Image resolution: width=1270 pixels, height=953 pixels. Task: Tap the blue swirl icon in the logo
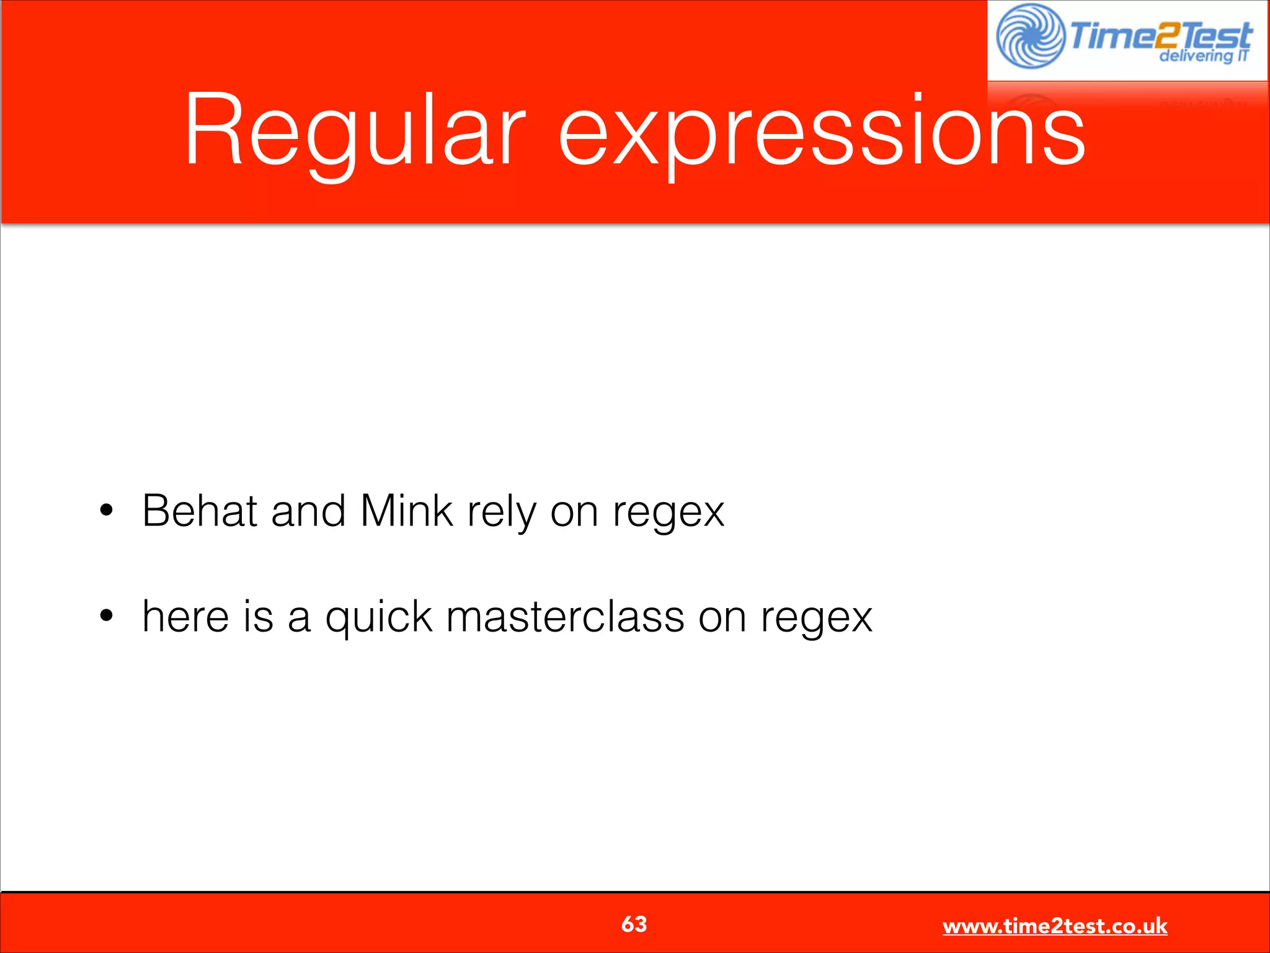click(1030, 36)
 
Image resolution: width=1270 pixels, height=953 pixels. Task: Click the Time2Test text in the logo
click(1160, 35)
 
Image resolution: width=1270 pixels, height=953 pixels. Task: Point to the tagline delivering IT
click(1203, 56)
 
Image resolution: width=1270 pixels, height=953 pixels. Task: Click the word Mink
click(407, 511)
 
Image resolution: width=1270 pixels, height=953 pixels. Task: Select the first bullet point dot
click(107, 511)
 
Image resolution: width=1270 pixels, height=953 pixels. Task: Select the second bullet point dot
click(107, 616)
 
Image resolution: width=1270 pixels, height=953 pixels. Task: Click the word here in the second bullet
click(185, 617)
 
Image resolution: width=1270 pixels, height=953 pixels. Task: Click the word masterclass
click(565, 617)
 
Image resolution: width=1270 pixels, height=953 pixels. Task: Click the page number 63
click(634, 924)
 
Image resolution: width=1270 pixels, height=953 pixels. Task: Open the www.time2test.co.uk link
click(1054, 926)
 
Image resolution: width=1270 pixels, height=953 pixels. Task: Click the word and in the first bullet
click(308, 511)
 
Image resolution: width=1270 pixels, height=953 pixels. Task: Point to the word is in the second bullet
click(258, 617)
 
